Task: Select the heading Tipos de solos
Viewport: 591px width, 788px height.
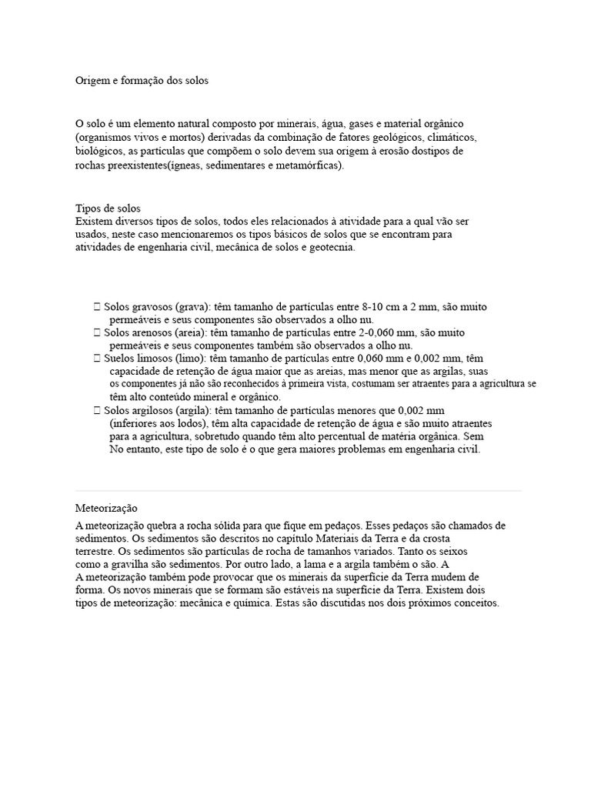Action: pos(108,209)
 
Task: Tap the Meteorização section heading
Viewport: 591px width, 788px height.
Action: pos(106,509)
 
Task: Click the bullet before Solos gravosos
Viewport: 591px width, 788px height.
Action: pos(96,306)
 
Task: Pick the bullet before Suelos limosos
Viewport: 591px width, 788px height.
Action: pos(96,358)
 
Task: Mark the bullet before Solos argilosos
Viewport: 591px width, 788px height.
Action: pos(96,410)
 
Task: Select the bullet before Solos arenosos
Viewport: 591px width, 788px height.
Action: pos(96,332)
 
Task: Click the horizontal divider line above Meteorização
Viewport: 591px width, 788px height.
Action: pos(299,490)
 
